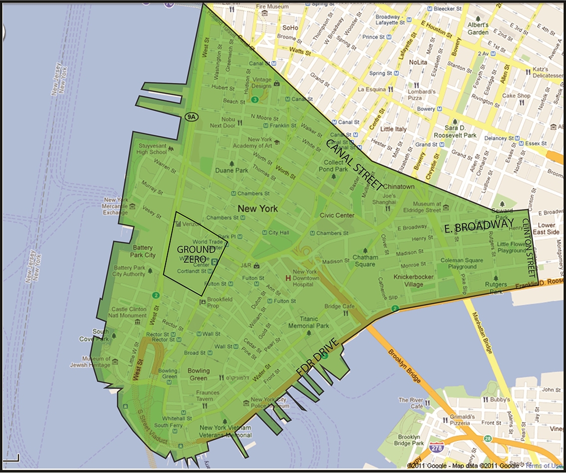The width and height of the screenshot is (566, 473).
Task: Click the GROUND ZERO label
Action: (195, 253)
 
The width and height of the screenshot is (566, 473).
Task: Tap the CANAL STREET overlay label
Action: (355, 165)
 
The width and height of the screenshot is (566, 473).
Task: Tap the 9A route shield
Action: (190, 116)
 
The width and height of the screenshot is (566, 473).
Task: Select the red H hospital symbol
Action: (287, 277)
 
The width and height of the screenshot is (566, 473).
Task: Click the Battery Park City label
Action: (144, 251)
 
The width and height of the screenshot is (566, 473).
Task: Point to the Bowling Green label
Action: (198, 374)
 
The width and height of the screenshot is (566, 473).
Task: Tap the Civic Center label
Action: (337, 216)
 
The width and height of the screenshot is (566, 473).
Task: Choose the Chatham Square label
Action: (366, 261)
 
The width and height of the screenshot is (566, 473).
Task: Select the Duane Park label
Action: (231, 170)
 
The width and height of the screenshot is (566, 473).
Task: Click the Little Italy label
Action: (394, 129)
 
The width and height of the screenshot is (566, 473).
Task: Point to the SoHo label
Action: (290, 28)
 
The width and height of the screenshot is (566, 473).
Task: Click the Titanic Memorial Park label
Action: (308, 322)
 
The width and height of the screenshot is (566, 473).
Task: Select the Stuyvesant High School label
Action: (152, 148)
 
